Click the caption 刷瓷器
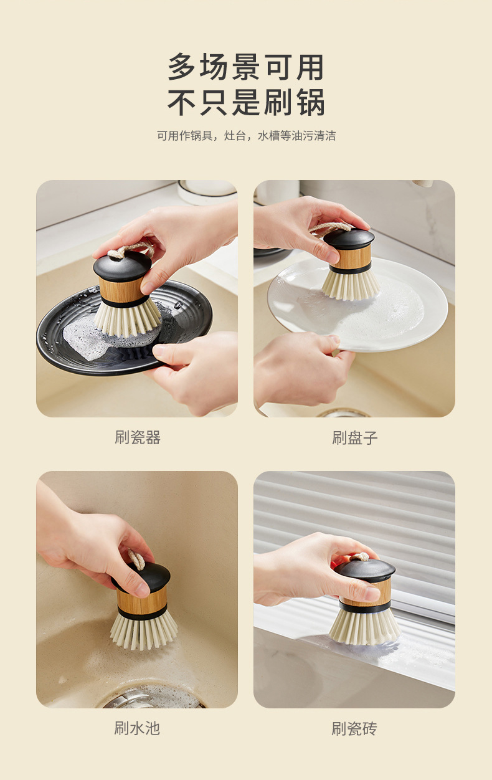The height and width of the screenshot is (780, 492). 138,437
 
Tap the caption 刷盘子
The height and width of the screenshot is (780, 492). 355,437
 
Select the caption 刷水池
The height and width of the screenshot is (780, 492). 137,728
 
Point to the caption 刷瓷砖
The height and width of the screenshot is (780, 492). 354,728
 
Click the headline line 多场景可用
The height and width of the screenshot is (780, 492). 246,67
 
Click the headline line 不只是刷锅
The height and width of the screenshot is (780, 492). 246,102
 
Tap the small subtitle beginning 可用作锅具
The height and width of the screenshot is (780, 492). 246,135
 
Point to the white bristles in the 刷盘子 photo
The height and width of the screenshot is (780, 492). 350,286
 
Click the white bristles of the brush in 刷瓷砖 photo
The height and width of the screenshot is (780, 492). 364,627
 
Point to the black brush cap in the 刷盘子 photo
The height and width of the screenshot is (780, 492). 349,239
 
